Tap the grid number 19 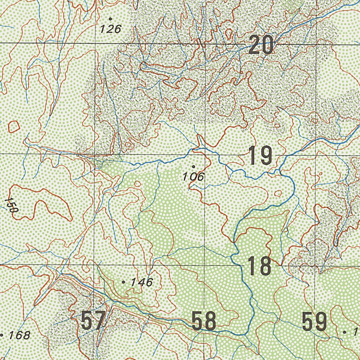[x=260, y=156]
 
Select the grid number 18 [x=259, y=266]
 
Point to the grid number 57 [x=93, y=321]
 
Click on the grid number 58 [x=204, y=321]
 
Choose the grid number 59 [x=314, y=322]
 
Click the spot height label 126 [x=110, y=29]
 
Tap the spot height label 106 [x=193, y=176]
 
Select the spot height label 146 [x=142, y=282]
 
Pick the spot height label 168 [x=19, y=335]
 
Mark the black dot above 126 [x=110, y=19]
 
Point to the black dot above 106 [x=193, y=166]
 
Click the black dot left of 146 [x=123, y=282]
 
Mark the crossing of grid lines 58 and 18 [x=205, y=265]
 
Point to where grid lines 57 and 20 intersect [x=95, y=43]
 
